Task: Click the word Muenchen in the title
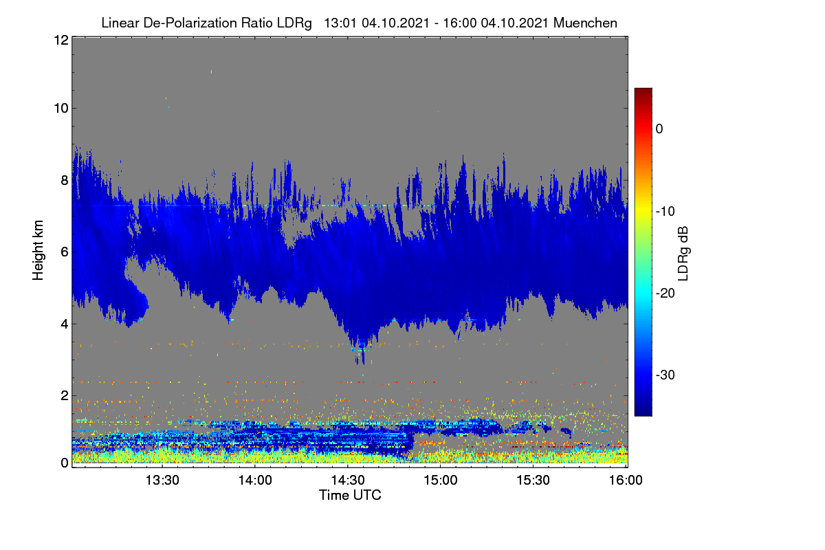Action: click(x=585, y=23)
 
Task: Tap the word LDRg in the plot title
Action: click(x=294, y=23)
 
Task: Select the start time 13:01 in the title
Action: click(x=340, y=23)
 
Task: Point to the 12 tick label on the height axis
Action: click(x=61, y=40)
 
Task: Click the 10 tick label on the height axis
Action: click(x=61, y=109)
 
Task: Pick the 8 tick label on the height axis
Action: click(x=65, y=180)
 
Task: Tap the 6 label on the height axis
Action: click(x=65, y=252)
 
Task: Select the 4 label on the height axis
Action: click(x=65, y=324)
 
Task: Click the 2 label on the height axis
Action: click(x=65, y=395)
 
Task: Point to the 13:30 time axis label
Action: click(x=162, y=480)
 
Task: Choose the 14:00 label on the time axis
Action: click(x=255, y=480)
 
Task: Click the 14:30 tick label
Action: click(x=348, y=480)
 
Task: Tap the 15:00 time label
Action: click(x=441, y=480)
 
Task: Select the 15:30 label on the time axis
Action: click(x=533, y=480)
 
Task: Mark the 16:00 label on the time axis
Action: click(x=626, y=480)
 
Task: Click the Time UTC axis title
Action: click(x=350, y=495)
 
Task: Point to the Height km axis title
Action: click(x=38, y=250)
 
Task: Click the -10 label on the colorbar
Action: click(x=665, y=212)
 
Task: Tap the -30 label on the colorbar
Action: click(x=665, y=375)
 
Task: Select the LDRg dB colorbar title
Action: click(x=683, y=254)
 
